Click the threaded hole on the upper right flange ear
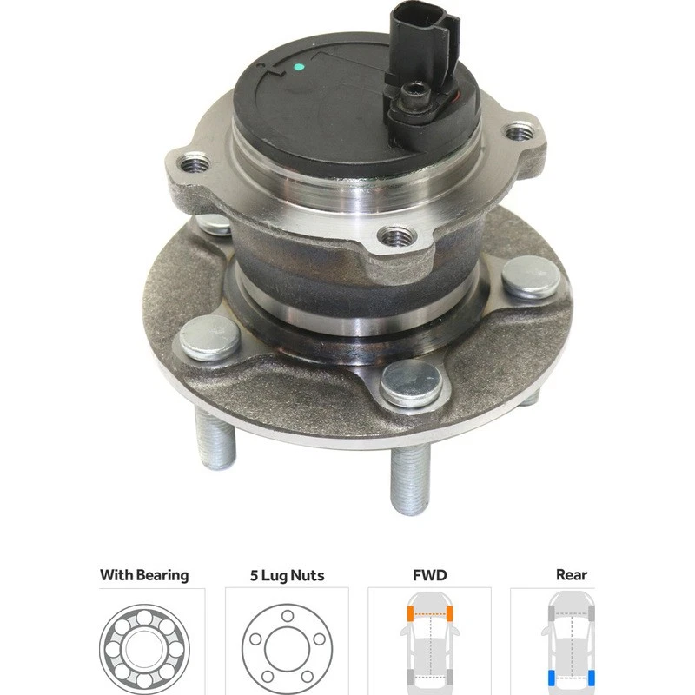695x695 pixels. pos(521,132)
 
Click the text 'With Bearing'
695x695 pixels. pos(143,574)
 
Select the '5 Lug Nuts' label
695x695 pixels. pos(287,574)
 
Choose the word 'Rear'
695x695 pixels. pos(571,574)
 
